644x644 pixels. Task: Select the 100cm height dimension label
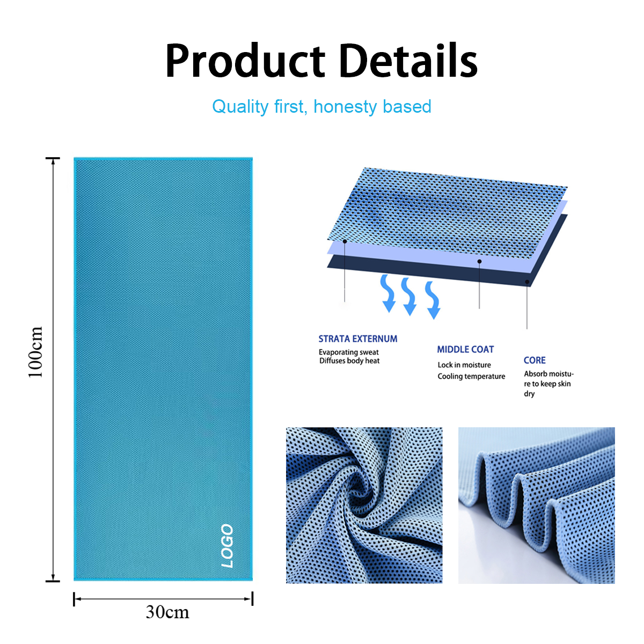point(35,352)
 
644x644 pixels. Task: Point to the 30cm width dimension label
point(167,612)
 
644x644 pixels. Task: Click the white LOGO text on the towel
point(227,546)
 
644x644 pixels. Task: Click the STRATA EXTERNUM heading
point(358,339)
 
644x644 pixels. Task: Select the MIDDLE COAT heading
point(465,349)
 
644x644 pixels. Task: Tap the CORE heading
point(535,360)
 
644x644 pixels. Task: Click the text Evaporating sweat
point(349,352)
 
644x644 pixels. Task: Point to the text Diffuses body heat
point(349,361)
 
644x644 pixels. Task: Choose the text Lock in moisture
point(464,365)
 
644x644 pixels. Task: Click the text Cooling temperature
point(471,376)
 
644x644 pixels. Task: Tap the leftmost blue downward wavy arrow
point(387,293)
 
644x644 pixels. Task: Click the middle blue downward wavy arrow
point(409,296)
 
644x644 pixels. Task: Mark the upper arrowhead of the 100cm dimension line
point(53,161)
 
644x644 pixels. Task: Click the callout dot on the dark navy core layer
point(528,282)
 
